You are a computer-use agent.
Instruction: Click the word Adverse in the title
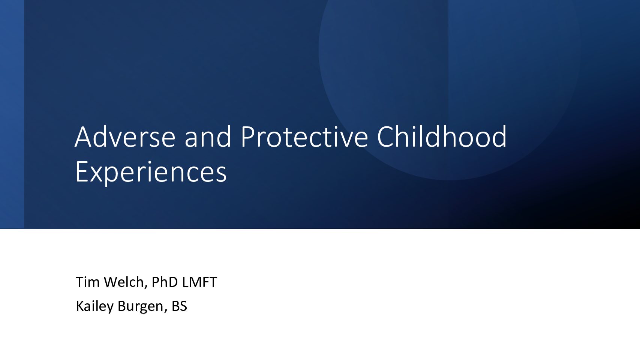pos(125,136)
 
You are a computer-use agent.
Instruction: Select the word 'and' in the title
pos(208,136)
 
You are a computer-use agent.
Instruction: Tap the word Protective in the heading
pos(304,136)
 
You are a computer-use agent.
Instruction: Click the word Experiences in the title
pos(151,172)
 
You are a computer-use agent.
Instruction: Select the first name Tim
pos(88,282)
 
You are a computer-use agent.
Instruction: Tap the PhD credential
pos(165,282)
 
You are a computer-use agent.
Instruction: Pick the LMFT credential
pos(199,282)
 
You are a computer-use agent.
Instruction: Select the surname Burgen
pos(140,306)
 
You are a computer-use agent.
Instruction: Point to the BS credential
pos(179,306)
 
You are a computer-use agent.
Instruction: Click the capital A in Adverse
pos(83,137)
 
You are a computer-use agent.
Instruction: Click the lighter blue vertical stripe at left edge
pos(12,114)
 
